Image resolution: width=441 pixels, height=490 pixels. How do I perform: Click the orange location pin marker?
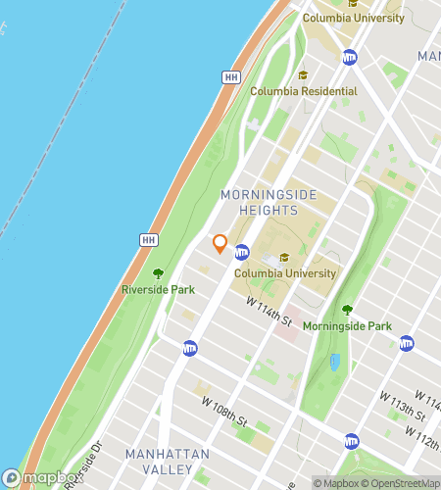click(220, 244)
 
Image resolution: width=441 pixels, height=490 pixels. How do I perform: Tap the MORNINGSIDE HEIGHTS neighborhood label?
click(269, 203)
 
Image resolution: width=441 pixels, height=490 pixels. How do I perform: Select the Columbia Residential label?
click(303, 91)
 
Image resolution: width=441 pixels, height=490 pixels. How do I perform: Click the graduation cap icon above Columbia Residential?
click(303, 75)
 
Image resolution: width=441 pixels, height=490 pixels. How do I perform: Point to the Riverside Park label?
click(158, 289)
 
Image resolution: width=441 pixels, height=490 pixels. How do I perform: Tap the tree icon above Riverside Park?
click(158, 273)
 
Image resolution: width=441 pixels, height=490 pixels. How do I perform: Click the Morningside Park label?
click(347, 325)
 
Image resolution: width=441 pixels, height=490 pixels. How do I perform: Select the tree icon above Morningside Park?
click(347, 310)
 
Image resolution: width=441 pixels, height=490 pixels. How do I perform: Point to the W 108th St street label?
click(224, 410)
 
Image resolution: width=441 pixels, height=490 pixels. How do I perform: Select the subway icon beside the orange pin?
click(241, 253)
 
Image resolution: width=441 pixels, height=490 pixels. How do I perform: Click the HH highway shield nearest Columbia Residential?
click(231, 76)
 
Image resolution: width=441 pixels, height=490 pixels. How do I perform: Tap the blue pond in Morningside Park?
click(335, 363)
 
